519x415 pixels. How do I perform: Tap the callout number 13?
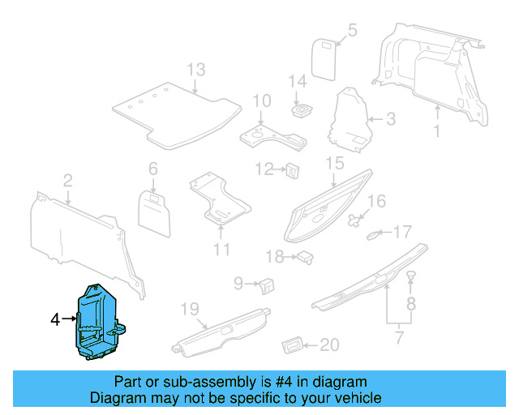tap(196, 70)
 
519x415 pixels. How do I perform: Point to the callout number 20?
tap(328, 345)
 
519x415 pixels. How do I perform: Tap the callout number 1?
tap(435, 130)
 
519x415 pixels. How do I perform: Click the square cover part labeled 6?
tap(155, 208)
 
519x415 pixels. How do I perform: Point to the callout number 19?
tap(189, 308)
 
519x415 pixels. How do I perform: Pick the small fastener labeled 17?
tap(375, 235)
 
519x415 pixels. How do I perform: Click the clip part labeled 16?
tap(354, 219)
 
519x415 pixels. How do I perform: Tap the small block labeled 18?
tap(305, 257)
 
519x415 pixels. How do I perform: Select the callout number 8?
tap(410, 305)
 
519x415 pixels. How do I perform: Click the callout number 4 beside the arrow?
tap(55, 320)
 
